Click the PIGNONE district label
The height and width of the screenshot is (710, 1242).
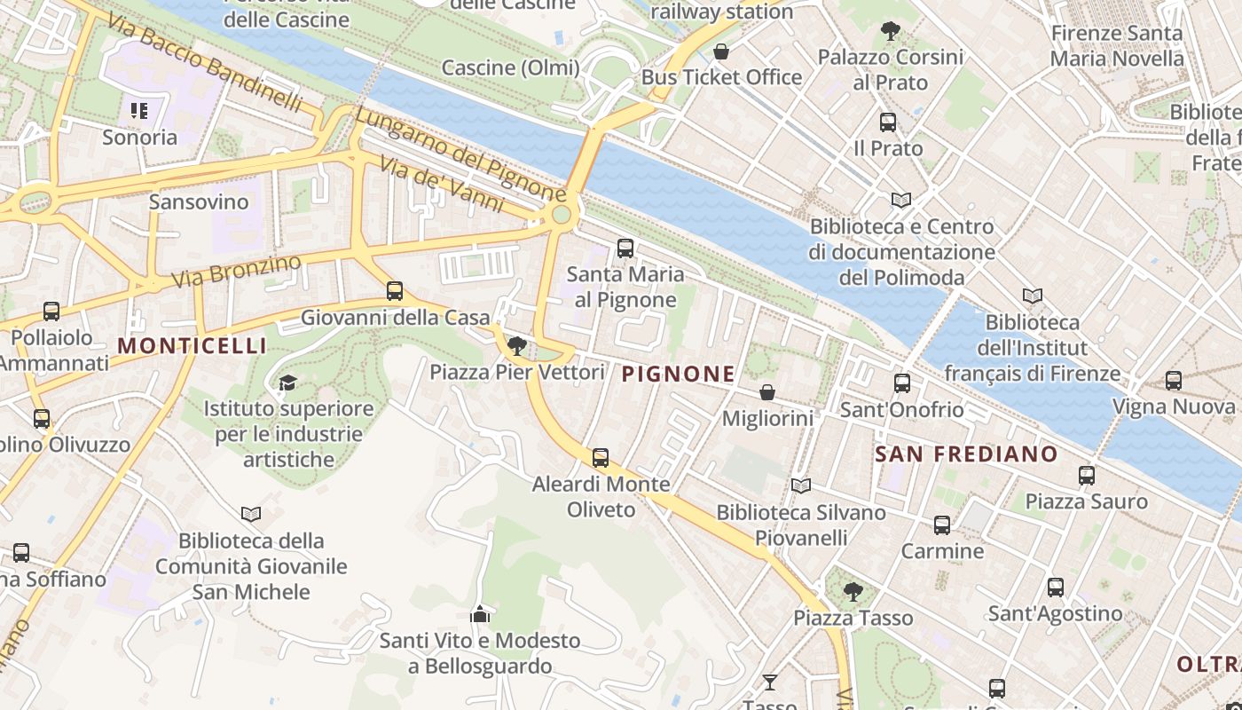pos(679,375)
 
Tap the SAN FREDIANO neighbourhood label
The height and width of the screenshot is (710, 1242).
pos(966,454)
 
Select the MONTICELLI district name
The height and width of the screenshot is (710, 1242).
pos(192,346)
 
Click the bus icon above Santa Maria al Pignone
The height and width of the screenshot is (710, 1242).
pos(625,248)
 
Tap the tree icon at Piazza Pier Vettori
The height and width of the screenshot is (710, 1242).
pos(517,346)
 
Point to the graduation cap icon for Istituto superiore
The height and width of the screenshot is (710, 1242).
pos(287,383)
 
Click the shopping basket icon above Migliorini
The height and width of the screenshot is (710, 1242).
pos(767,392)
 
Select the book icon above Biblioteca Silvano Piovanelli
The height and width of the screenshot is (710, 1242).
pos(801,485)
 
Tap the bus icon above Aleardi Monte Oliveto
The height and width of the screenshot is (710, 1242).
pos(601,458)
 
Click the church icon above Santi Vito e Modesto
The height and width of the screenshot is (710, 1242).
pos(480,614)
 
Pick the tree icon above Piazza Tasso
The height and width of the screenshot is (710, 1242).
pos(853,591)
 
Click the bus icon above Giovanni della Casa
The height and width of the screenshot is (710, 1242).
pos(395,291)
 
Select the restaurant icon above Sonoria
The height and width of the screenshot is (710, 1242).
pos(139,111)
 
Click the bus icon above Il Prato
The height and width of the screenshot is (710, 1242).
pos(888,122)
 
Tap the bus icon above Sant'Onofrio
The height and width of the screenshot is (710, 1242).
pos(902,383)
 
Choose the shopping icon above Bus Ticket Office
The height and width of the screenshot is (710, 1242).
pos(721,51)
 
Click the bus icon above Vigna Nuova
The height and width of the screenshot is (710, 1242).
pos(1174,381)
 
